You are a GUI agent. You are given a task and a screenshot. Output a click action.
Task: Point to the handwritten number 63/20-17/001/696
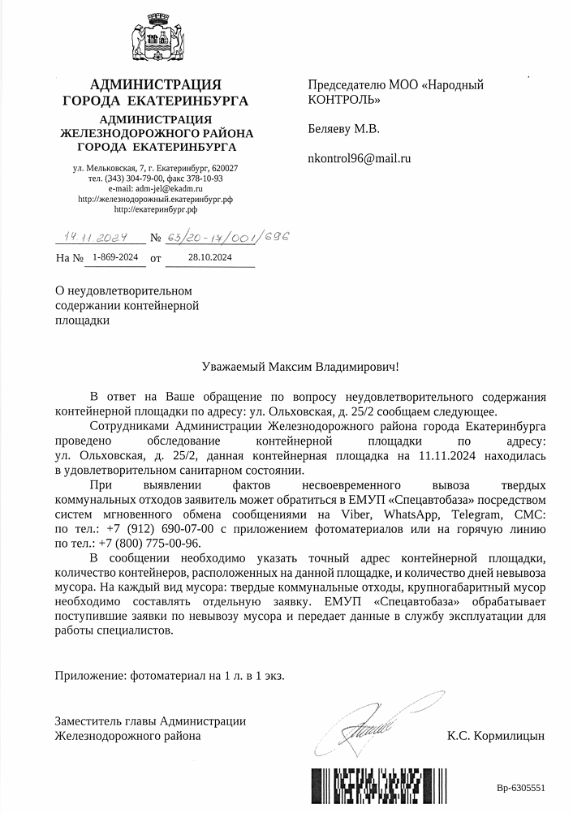pos(228,239)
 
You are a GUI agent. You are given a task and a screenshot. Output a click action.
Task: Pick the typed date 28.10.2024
pos(209,257)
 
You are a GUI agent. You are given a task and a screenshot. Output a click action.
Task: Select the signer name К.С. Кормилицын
pos(495,736)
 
